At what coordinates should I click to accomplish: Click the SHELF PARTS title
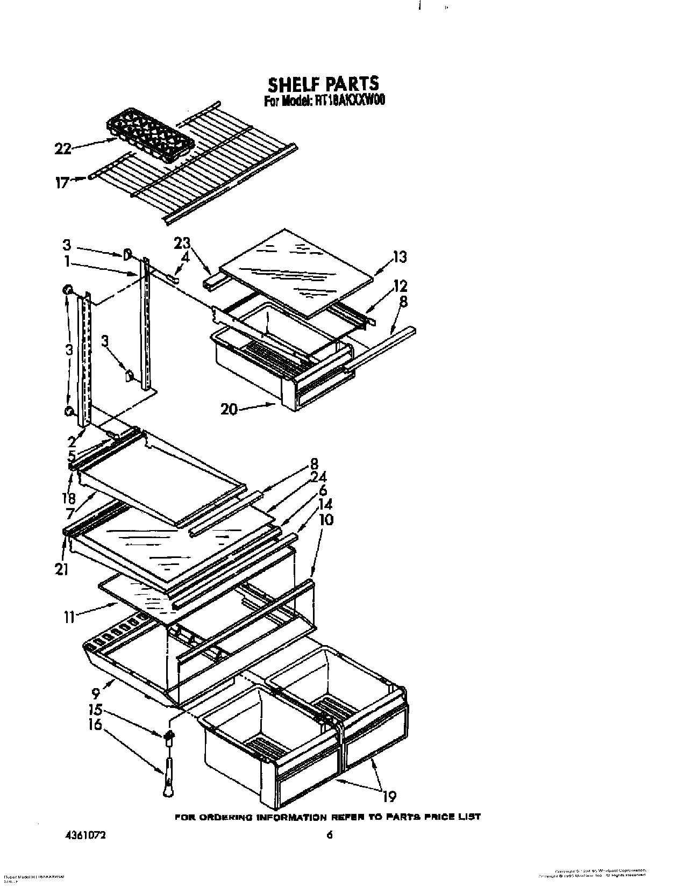pyautogui.click(x=323, y=84)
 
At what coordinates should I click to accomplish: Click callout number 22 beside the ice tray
pyautogui.click(x=63, y=149)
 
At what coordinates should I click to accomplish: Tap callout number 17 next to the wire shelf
pyautogui.click(x=62, y=183)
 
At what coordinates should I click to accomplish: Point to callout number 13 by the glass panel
pyautogui.click(x=400, y=257)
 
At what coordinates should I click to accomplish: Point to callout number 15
pyautogui.click(x=95, y=710)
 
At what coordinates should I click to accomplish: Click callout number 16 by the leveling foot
pyautogui.click(x=95, y=725)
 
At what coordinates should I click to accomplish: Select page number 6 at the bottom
pyautogui.click(x=330, y=835)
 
